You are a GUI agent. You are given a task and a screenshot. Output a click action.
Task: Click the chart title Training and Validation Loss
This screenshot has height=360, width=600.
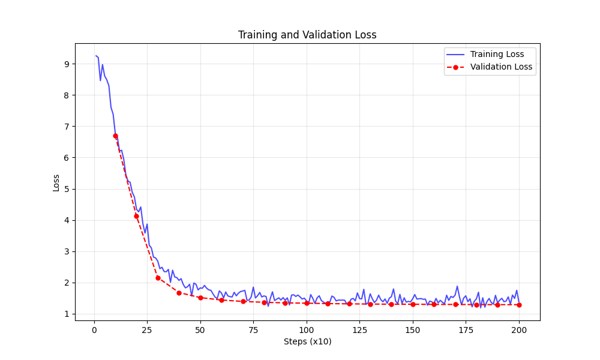(307, 35)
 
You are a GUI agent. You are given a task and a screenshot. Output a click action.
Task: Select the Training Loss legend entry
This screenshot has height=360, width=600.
(497, 55)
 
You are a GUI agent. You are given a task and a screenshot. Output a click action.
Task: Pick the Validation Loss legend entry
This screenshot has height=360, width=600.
(501, 67)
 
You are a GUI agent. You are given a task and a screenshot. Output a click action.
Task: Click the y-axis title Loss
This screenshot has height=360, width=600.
(56, 182)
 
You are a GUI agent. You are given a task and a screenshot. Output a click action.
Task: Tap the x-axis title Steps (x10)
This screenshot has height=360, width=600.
(307, 342)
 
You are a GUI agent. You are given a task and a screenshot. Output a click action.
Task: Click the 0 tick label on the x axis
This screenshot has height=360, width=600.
(94, 330)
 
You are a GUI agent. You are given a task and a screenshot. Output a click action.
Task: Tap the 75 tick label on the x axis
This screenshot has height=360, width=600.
(253, 330)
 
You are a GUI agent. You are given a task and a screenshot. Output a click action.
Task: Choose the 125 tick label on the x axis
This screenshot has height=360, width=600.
(359, 330)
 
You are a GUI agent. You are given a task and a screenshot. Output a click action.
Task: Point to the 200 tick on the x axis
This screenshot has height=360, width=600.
(519, 330)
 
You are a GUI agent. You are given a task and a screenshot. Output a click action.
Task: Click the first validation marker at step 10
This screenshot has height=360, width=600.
(115, 136)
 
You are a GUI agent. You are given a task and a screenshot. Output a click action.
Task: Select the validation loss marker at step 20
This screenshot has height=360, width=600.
(136, 216)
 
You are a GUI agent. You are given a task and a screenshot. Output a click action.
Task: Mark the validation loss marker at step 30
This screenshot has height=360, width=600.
(158, 278)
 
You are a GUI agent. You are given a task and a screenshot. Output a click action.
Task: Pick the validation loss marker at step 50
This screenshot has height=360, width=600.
(200, 298)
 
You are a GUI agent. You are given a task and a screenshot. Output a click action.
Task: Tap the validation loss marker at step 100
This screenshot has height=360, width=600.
(307, 303)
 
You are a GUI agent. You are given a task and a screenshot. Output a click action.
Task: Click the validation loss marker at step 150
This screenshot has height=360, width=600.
(413, 304)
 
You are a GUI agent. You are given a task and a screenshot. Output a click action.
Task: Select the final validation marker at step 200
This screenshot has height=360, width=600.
(519, 305)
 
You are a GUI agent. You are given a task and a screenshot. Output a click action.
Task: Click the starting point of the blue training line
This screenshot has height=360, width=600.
(96, 56)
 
